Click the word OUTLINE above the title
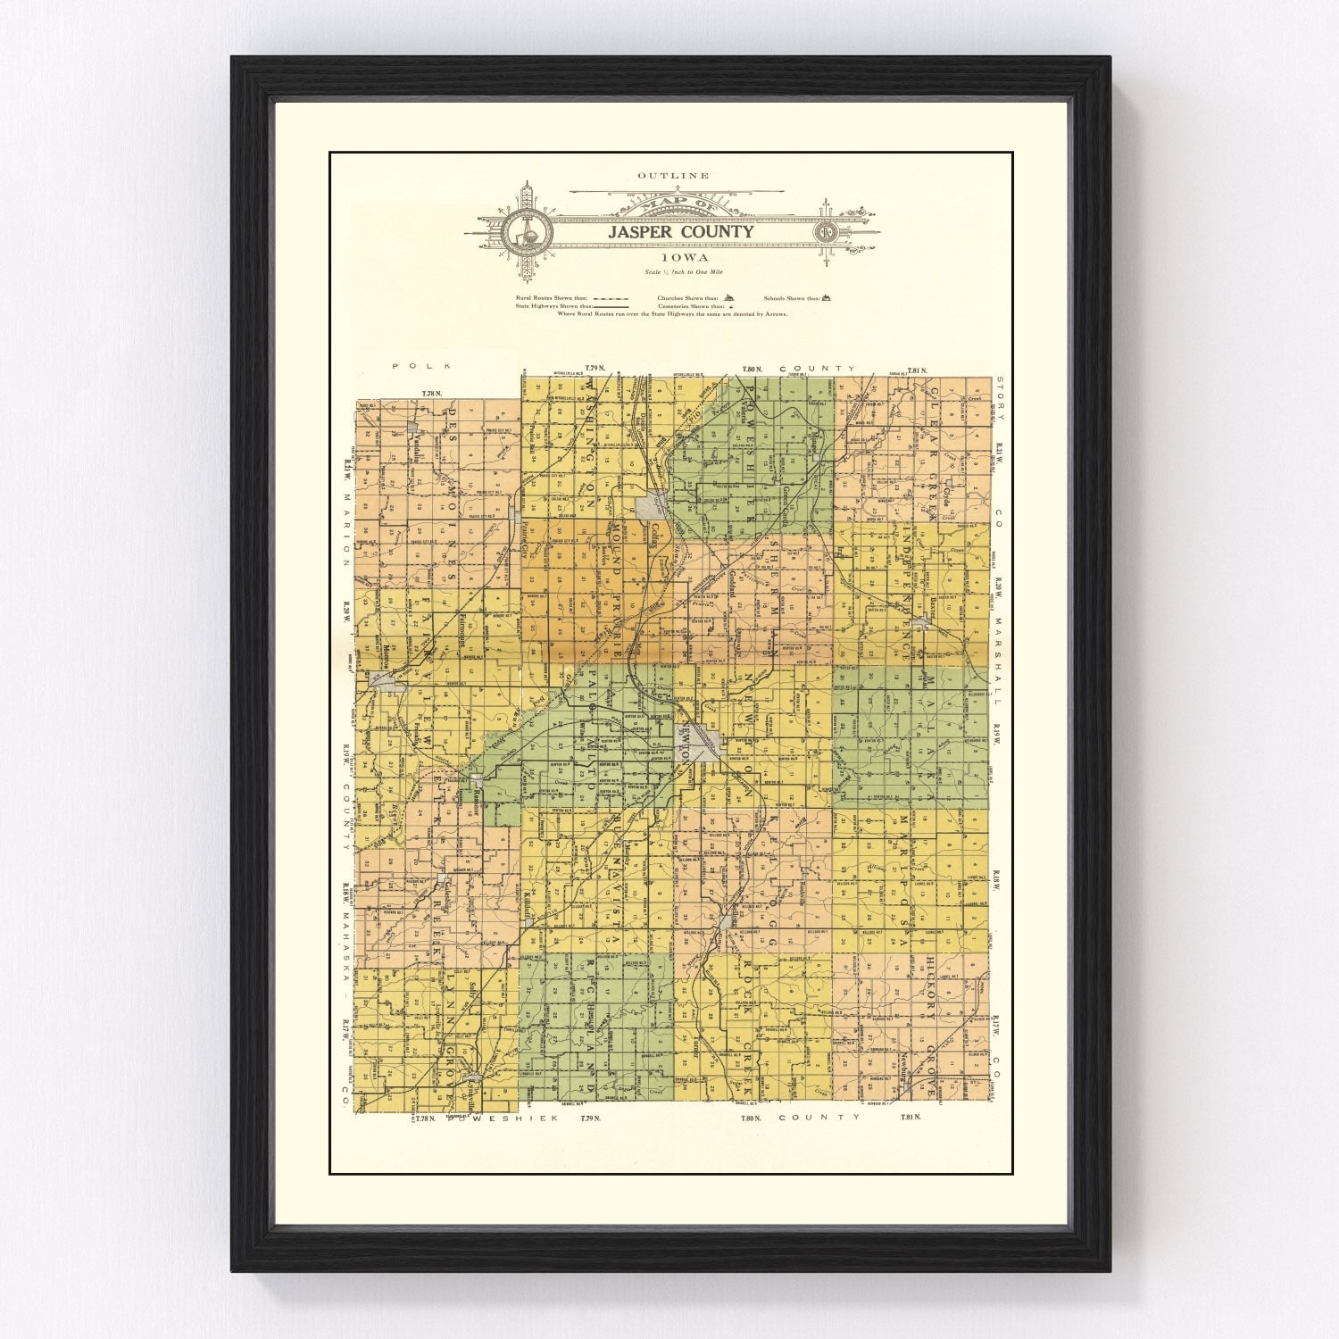(x=673, y=176)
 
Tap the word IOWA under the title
(x=674, y=256)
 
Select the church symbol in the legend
(x=728, y=298)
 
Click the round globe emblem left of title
(x=527, y=233)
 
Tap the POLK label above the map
(x=423, y=366)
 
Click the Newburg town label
(x=903, y=1067)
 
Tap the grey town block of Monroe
(x=386, y=683)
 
